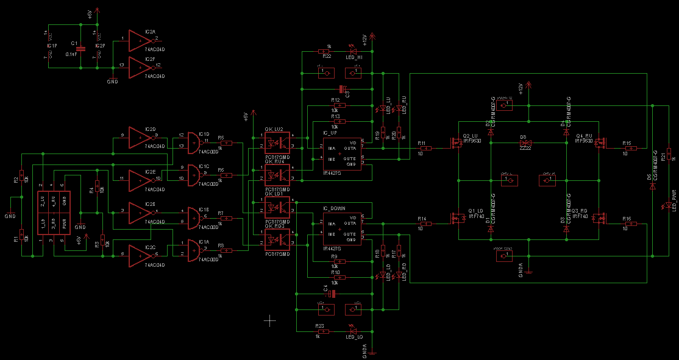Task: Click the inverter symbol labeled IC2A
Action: tap(138, 41)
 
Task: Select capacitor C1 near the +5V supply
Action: tap(80, 48)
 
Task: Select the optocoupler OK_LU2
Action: tap(277, 141)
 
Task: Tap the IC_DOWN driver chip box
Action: tap(341, 227)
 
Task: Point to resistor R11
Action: tap(424, 148)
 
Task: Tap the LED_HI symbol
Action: tap(352, 50)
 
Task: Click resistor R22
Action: tap(327, 51)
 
